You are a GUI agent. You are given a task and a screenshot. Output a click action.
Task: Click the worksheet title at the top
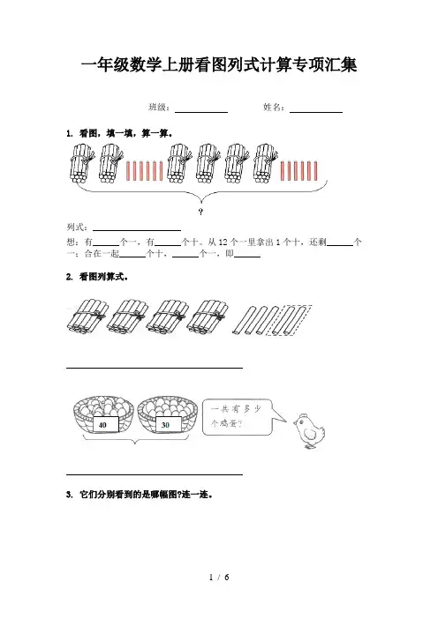pos(219,65)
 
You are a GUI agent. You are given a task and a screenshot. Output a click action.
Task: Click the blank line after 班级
pos(201,113)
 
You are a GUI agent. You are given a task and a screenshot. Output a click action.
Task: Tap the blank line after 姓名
pos(316,113)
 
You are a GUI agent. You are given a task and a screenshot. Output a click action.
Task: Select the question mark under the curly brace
pos(200,212)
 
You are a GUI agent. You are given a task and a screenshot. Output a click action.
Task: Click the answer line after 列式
pos(137,230)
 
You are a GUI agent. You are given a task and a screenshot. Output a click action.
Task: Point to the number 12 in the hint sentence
pos(223,242)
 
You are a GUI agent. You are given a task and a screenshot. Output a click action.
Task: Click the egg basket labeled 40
pos(103,414)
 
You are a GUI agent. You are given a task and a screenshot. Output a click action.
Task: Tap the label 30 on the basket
pos(165,425)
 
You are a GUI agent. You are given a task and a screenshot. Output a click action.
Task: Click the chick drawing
pos(309,431)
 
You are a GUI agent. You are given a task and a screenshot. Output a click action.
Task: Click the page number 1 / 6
pos(219,578)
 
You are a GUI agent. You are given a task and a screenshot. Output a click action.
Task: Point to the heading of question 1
pos(119,133)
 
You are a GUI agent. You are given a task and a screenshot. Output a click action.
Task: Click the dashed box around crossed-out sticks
pos(289,320)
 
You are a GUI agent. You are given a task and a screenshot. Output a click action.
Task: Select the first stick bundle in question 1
pos(82,162)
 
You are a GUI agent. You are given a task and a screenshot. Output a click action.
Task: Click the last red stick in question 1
pos(315,170)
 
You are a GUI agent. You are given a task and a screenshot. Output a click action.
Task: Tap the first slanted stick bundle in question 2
pos(87,317)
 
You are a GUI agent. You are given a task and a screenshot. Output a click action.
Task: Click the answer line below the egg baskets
pos(155,474)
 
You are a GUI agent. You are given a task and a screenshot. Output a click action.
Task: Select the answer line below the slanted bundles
pos(155,368)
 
